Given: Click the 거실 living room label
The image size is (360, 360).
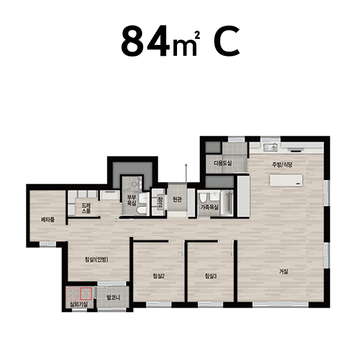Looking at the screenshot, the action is coord(283,271).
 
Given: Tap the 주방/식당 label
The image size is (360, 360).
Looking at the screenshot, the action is coord(282,164).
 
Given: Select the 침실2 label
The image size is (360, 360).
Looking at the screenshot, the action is coord(159,276).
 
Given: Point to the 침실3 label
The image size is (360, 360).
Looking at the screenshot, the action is coord(211,276).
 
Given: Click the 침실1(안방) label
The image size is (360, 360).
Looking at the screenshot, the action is coord(97,260).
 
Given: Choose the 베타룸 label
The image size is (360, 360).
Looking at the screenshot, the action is coord(48,220).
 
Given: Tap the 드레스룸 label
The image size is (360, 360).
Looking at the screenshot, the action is coord(86,208).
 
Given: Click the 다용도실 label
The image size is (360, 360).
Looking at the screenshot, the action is coord(223,163).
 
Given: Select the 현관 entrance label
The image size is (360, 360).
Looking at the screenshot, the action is coord(177,200).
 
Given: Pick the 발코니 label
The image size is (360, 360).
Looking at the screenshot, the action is coord(113,298).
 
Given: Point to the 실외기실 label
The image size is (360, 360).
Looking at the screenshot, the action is coord(79,305).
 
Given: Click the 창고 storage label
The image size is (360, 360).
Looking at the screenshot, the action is coord(160,202).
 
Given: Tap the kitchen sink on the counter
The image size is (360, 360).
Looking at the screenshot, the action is coord(271,147).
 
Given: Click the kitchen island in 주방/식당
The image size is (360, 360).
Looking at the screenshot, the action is coord(286,181).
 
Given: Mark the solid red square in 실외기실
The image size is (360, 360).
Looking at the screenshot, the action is coord(86,293).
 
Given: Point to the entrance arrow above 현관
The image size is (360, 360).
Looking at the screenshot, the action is coord(186,173).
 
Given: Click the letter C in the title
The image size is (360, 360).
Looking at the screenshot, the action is coord(227,41).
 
